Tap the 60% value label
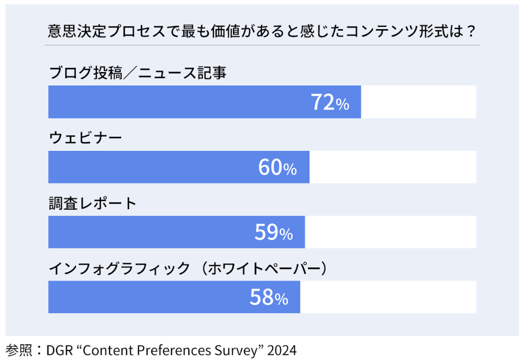click(x=277, y=167)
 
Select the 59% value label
click(x=273, y=233)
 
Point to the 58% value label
click(x=269, y=297)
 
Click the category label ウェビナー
click(x=85, y=138)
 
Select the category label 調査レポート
click(x=93, y=203)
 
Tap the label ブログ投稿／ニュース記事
click(x=138, y=73)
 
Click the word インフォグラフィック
click(x=120, y=268)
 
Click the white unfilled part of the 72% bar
click(x=418, y=102)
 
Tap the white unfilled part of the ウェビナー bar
click(x=393, y=167)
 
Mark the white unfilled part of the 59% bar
click(x=390, y=233)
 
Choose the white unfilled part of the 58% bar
click(x=388, y=297)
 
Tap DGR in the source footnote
click(x=58, y=350)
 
